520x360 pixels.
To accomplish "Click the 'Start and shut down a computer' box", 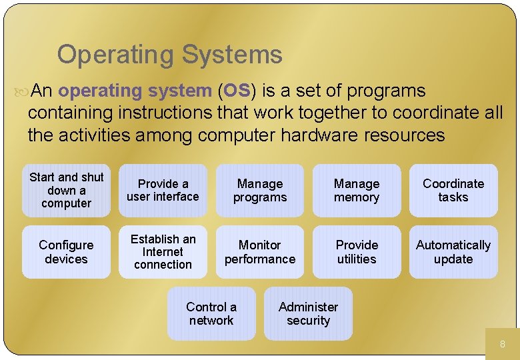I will click(66, 190).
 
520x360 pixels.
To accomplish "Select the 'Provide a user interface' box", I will click(163, 190).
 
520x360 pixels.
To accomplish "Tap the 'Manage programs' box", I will click(260, 190).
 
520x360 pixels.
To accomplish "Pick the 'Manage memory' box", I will click(357, 190).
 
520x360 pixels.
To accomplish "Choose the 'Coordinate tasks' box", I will click(453, 190).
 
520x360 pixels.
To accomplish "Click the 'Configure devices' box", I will click(66, 252).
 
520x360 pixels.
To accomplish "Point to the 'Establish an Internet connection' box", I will click(163, 252).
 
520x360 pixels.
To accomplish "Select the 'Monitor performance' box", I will click(260, 252).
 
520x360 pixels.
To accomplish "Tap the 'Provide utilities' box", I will click(357, 252).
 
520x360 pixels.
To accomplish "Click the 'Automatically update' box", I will click(453, 252).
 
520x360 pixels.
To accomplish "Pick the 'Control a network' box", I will click(211, 313).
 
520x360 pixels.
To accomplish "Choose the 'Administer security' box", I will click(308, 313).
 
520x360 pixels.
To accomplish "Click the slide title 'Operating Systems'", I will click(169, 55).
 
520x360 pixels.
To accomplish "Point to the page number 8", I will click(503, 345).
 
